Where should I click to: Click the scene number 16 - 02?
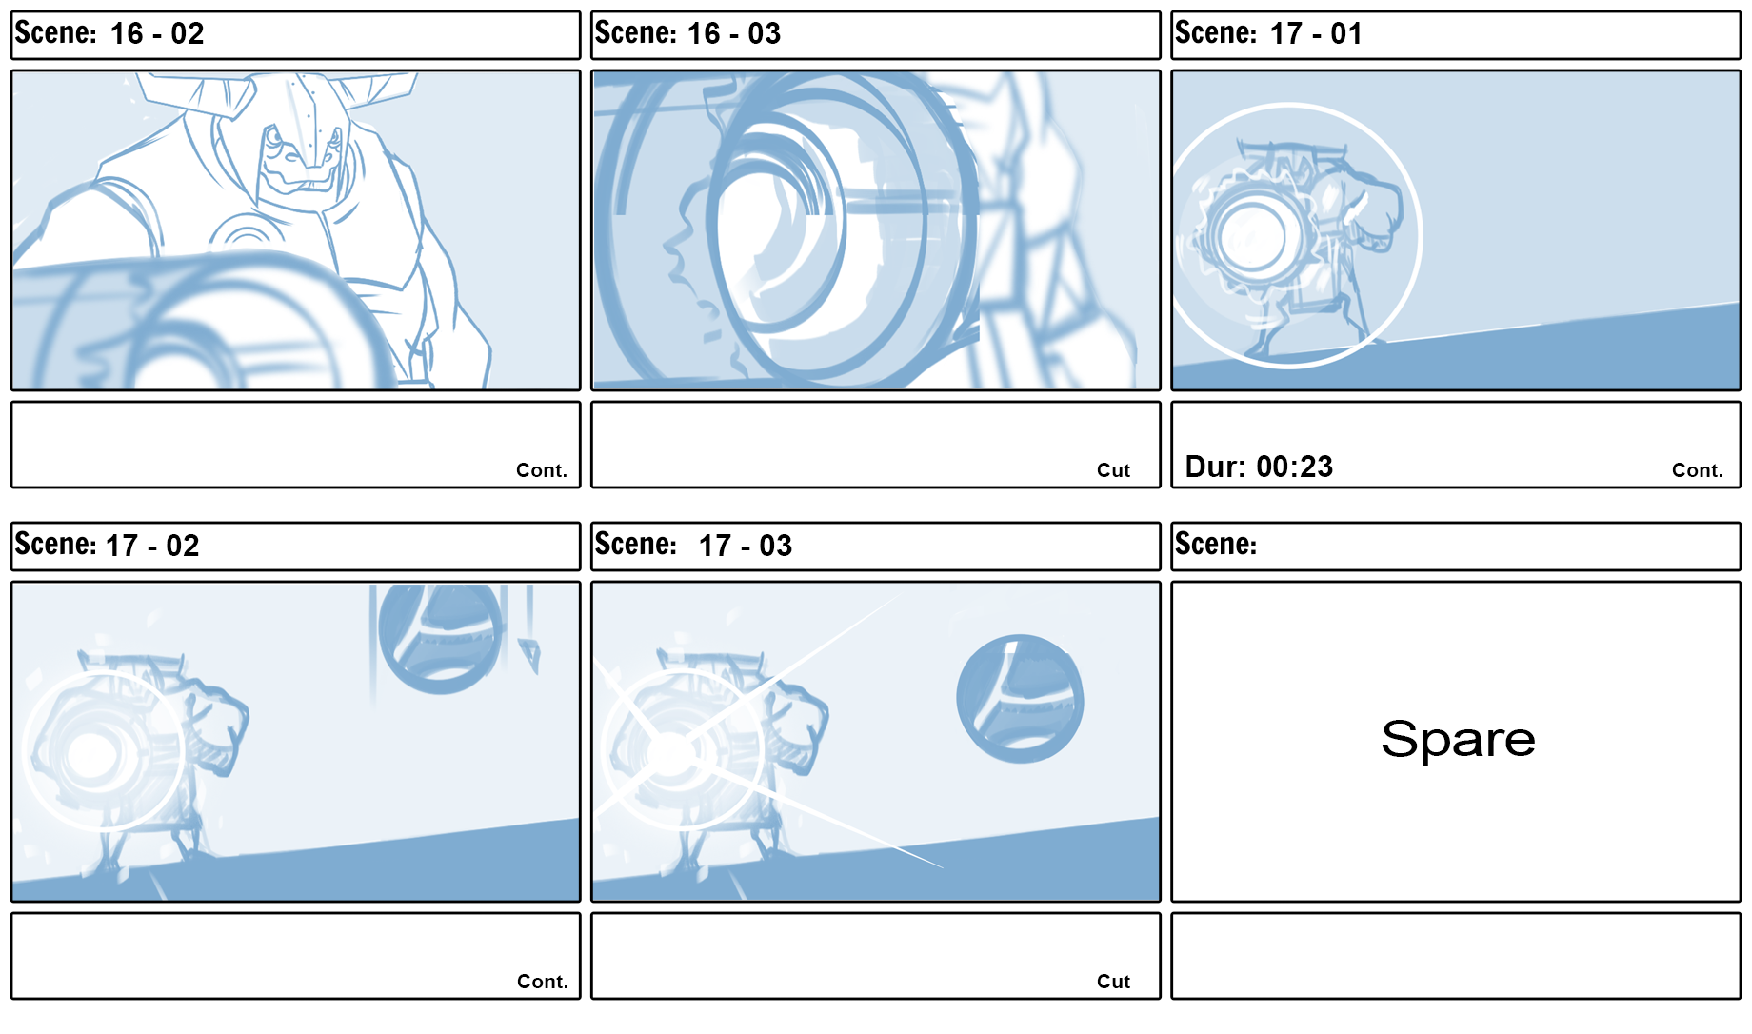click(x=157, y=34)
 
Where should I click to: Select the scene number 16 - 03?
click(x=734, y=34)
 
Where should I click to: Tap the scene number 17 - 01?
click(x=1317, y=34)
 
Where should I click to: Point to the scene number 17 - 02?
click(x=152, y=546)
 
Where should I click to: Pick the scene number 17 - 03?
click(x=746, y=546)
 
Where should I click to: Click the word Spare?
click(x=1458, y=740)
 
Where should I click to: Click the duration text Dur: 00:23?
click(x=1259, y=467)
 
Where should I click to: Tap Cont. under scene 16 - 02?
click(x=542, y=470)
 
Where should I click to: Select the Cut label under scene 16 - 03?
click(x=1113, y=470)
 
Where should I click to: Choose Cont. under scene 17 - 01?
click(x=1698, y=470)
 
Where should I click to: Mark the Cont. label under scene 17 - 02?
click(x=543, y=982)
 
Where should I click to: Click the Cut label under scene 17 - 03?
click(x=1113, y=982)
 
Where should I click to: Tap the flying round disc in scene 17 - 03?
click(x=1020, y=698)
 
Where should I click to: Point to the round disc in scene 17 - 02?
click(x=440, y=636)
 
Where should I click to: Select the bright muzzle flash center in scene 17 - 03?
click(x=671, y=755)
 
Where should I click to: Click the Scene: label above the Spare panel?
click(x=1216, y=544)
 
